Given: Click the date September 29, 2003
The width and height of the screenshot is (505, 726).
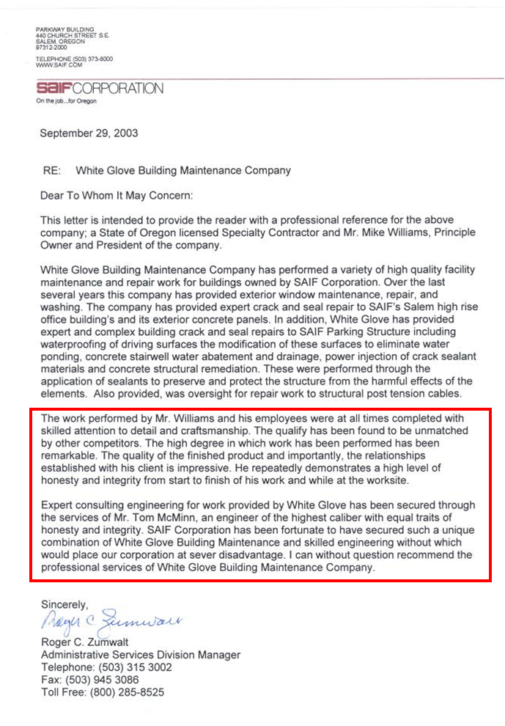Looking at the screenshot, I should click(89, 133).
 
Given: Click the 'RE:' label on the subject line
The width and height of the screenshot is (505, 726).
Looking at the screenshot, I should click(51, 170).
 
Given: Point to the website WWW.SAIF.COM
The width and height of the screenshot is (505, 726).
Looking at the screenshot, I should click(56, 65).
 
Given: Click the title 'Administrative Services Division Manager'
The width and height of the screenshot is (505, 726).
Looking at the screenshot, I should click(141, 655).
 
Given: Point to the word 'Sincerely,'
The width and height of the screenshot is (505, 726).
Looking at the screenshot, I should click(64, 605).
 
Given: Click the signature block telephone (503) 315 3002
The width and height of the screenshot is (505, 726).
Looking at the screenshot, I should click(135, 667).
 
